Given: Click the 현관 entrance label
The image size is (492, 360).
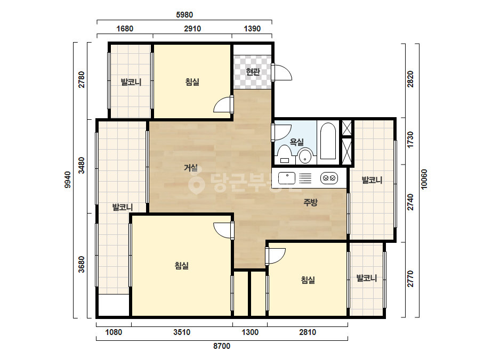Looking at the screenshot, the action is pyautogui.click(x=253, y=72).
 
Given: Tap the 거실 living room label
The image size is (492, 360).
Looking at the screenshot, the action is pyautogui.click(x=191, y=168).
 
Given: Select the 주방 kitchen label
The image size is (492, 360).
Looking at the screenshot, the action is pyautogui.click(x=310, y=202).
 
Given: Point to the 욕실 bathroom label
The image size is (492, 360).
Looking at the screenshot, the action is pyautogui.click(x=296, y=142).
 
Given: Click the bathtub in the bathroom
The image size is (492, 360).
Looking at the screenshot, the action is pyautogui.click(x=328, y=141).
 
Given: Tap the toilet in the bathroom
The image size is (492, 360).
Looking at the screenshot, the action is pyautogui.click(x=285, y=154).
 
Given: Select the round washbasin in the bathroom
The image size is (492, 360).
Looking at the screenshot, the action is pyautogui.click(x=305, y=156).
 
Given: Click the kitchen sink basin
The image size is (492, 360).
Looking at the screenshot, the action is pyautogui.click(x=287, y=178).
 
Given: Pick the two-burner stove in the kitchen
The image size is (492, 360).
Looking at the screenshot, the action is pyautogui.click(x=329, y=178).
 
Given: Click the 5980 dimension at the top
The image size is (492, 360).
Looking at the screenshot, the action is pyautogui.click(x=184, y=15).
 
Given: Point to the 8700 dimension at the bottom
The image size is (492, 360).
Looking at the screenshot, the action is pyautogui.click(x=222, y=346).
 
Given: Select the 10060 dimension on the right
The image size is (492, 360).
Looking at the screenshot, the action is pyautogui.click(x=424, y=179).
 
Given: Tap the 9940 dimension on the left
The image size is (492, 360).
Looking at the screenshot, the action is pyautogui.click(x=68, y=180).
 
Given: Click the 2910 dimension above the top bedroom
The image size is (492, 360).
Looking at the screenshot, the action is pyautogui.click(x=192, y=29).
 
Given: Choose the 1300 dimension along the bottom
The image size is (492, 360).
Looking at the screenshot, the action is pyautogui.click(x=250, y=332).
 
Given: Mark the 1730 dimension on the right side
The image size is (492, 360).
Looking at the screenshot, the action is pyautogui.click(x=410, y=140).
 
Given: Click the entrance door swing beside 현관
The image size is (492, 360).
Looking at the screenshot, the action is pyautogui.click(x=282, y=72).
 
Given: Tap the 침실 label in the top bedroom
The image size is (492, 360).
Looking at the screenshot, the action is pyautogui.click(x=192, y=82).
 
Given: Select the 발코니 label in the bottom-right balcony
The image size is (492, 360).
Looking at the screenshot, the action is pyautogui.click(x=367, y=278).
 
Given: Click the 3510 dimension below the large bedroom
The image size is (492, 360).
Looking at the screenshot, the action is pyautogui.click(x=182, y=332).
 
